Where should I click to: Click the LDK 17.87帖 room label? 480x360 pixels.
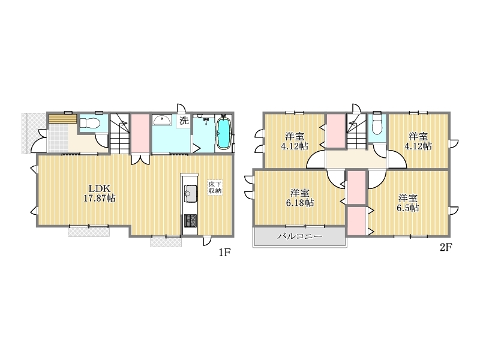(x=100, y=193)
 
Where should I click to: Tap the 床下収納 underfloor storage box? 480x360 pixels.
(x=215, y=187)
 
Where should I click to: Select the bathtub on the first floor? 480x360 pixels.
(x=223, y=134)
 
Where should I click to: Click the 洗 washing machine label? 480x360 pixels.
(x=184, y=121)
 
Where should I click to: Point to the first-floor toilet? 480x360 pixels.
(x=89, y=123)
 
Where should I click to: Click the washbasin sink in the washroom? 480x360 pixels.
(x=162, y=121)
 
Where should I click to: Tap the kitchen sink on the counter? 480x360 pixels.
(x=190, y=194)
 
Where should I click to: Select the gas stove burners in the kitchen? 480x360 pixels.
(x=190, y=221)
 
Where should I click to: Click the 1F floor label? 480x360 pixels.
(x=224, y=252)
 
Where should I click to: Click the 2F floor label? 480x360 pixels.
(x=446, y=247)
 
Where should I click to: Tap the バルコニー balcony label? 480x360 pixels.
(x=299, y=236)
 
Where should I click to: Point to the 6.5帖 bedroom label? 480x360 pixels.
(x=408, y=203)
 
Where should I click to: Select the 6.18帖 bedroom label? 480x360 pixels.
(x=299, y=198)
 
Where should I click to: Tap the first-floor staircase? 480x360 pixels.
(x=119, y=134)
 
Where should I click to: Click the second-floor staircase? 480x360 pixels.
(x=356, y=131)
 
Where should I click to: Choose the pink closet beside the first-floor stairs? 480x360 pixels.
(x=140, y=133)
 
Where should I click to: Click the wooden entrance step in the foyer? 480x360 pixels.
(x=63, y=119)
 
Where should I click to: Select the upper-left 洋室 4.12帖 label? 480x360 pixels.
(x=295, y=141)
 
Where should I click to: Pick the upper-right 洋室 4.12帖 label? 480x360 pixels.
(x=418, y=141)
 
